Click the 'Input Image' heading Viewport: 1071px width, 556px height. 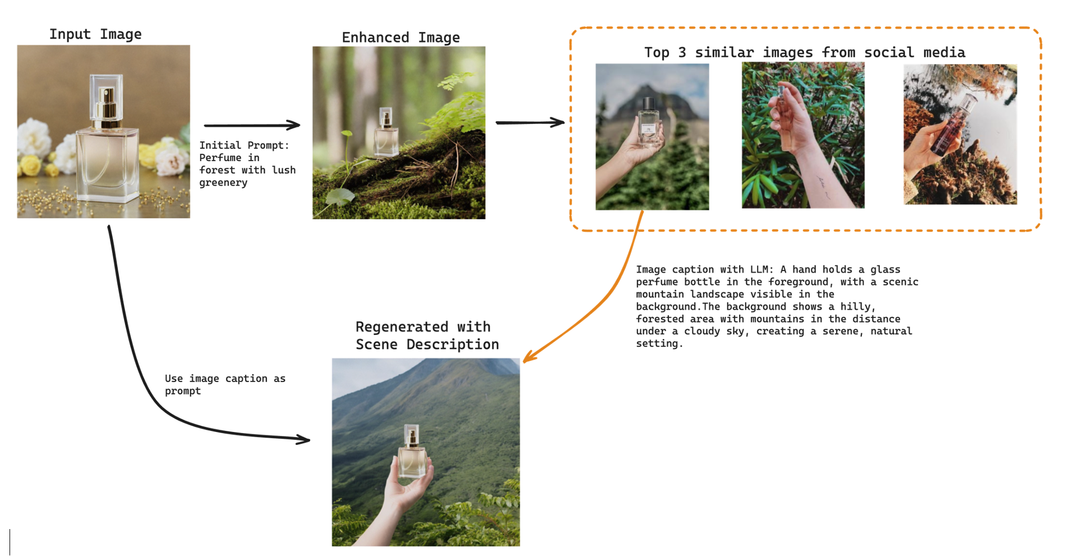click(x=95, y=34)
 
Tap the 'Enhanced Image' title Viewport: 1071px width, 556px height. click(x=400, y=38)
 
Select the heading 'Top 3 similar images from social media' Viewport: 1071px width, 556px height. click(x=804, y=53)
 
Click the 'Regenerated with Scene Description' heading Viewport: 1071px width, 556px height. click(x=427, y=336)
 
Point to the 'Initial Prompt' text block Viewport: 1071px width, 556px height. click(x=247, y=164)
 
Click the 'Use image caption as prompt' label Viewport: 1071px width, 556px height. click(x=225, y=384)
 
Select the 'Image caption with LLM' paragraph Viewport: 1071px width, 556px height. click(x=777, y=306)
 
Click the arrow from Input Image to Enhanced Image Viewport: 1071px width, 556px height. click(x=252, y=125)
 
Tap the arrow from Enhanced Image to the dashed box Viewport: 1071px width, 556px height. click(x=529, y=122)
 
